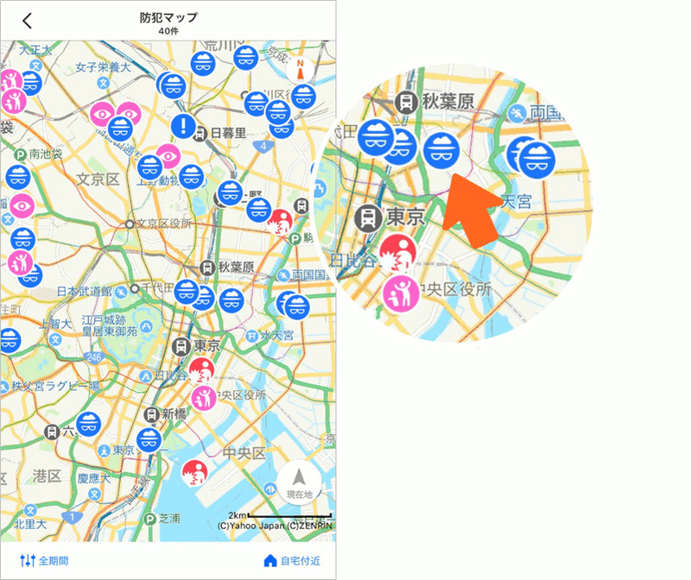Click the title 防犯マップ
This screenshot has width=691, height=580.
(x=168, y=17)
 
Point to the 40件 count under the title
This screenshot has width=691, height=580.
(x=168, y=31)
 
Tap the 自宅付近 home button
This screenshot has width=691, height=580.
(x=292, y=561)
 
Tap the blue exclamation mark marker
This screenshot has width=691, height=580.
(x=183, y=127)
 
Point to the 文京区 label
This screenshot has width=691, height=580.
(x=97, y=180)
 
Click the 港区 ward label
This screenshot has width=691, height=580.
(x=45, y=476)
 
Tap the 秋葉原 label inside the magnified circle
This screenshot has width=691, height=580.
(x=448, y=102)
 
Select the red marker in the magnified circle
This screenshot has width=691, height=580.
(x=398, y=252)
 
